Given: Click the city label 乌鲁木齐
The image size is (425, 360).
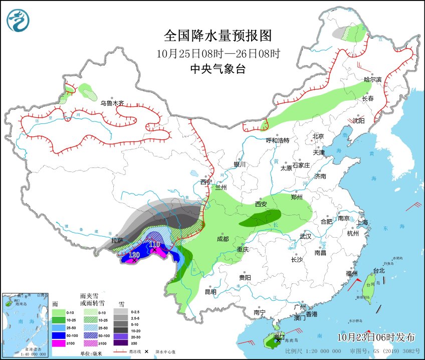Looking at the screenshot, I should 111,103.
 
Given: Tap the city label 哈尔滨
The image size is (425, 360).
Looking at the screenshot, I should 372,80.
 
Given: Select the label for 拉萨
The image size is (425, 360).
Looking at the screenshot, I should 118,241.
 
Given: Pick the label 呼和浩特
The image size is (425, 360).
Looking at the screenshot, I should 277,140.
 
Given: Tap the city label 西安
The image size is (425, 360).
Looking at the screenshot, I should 261,204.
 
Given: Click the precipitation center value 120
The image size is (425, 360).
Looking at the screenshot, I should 134,255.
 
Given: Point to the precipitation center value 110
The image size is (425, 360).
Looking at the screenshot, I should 154,244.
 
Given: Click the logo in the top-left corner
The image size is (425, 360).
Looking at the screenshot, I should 18,21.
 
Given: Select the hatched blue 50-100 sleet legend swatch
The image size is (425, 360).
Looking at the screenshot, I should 88,335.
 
